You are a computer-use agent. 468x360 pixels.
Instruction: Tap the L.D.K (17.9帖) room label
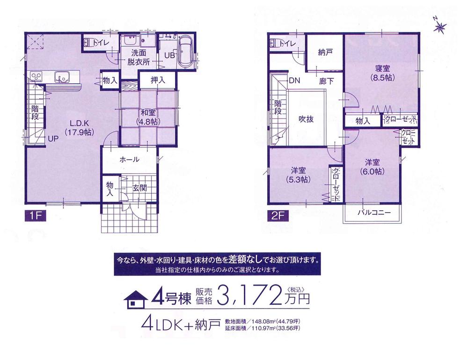(77, 128)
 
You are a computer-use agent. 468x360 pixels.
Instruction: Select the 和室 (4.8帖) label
(147, 117)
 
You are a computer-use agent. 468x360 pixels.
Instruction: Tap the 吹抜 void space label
(306, 119)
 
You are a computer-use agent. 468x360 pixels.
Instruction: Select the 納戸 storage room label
(326, 52)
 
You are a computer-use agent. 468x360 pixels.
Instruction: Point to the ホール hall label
(129, 160)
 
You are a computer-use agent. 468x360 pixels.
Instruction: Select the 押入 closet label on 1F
(158, 81)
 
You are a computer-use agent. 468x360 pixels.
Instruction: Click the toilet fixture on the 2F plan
(275, 44)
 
